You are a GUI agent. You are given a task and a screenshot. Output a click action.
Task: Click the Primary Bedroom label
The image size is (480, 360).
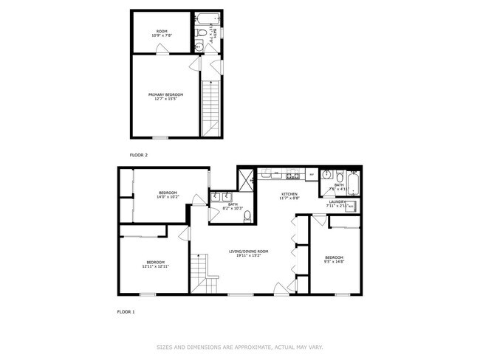pyautogui.click(x=165, y=97)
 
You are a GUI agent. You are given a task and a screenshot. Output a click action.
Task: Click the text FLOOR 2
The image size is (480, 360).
pyautogui.click(x=139, y=155)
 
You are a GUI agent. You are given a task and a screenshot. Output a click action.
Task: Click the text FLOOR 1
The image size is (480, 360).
pyautogui.click(x=126, y=312)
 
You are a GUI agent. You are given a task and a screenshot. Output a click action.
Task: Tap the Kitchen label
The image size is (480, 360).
pyautogui.click(x=289, y=195)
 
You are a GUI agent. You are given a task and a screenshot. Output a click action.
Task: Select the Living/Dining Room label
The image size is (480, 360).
pyautogui.click(x=247, y=253)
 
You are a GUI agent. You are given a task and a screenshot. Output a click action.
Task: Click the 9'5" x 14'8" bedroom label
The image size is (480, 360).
pyautogui.click(x=334, y=258)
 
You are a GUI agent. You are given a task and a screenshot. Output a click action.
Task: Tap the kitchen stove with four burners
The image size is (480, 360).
pyautogui.click(x=292, y=176)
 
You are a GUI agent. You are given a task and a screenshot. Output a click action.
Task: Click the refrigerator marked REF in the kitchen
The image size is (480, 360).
pyautogui.click(x=312, y=176)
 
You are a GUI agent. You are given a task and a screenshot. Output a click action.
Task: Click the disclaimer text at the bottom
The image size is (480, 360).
pyautogui.click(x=240, y=347)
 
